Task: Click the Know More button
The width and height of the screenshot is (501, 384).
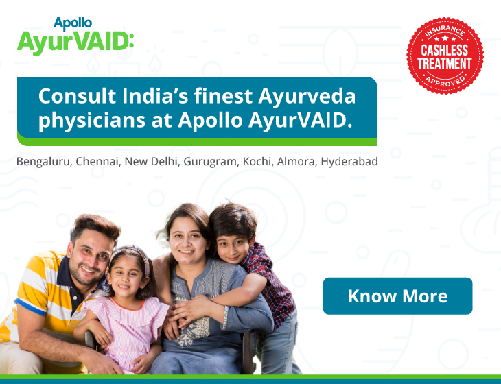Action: (397, 296)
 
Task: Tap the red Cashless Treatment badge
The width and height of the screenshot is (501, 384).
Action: (445, 56)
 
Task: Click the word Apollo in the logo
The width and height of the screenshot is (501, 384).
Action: (73, 23)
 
